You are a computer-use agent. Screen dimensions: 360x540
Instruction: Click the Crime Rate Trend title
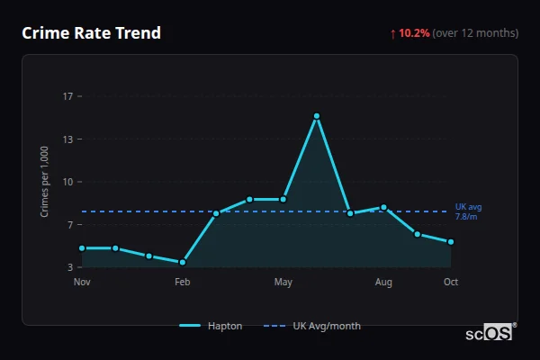tap(91, 33)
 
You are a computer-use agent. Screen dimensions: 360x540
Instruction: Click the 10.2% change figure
tap(414, 33)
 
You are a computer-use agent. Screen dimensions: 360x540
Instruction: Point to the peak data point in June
tap(317, 116)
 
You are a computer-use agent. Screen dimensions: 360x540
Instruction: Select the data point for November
tap(82, 247)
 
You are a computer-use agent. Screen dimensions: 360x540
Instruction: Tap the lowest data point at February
tap(183, 262)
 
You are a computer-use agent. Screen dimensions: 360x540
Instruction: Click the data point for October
tap(451, 242)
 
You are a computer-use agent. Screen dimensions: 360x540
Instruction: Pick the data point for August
tap(383, 207)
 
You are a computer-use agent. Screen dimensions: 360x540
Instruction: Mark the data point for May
tap(283, 199)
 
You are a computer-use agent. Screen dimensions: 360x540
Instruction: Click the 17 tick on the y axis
tap(67, 96)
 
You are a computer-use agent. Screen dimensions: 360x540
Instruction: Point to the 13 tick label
tap(67, 139)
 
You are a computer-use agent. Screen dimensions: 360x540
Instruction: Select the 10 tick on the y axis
tap(67, 182)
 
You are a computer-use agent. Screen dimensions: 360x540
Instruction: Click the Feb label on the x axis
tap(183, 283)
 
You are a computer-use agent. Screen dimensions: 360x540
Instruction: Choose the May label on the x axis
tap(283, 283)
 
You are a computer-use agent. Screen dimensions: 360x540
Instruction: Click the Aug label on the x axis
tap(383, 283)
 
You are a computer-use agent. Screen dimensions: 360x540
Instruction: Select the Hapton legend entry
tap(211, 326)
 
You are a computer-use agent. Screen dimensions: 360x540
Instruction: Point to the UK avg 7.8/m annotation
tap(468, 211)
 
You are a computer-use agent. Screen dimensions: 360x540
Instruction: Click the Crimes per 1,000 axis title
tap(45, 182)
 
